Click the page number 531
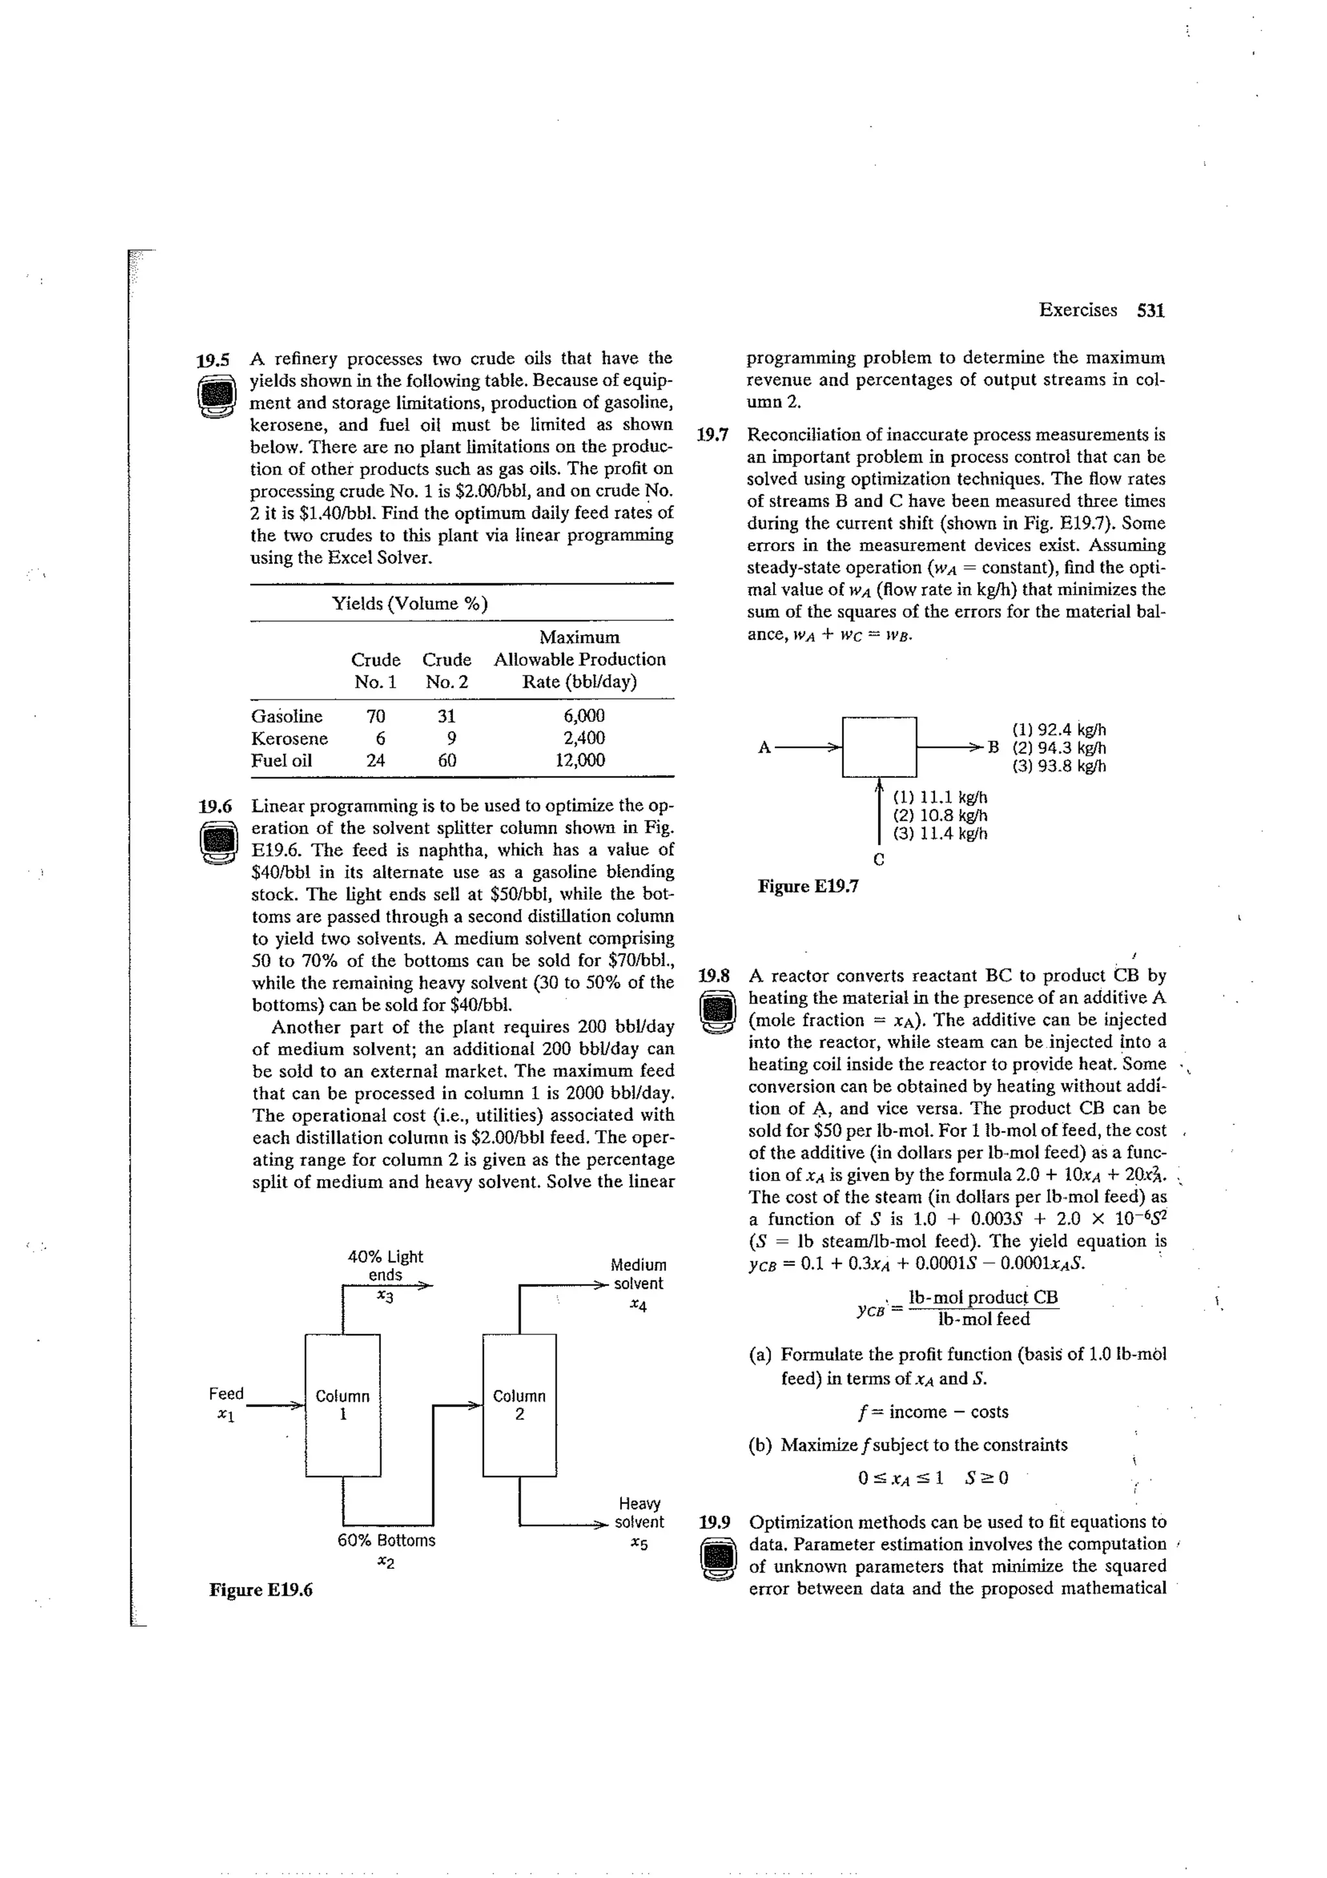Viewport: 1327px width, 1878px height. [x=1150, y=310]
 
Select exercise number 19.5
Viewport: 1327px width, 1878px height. [x=214, y=359]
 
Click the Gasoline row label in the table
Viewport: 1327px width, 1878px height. [x=286, y=716]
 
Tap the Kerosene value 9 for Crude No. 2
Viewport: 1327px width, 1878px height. [x=446, y=738]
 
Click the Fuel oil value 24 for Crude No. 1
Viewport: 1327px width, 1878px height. [x=375, y=760]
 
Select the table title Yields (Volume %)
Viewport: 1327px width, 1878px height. [x=409, y=604]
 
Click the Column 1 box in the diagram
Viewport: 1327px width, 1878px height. [x=343, y=1404]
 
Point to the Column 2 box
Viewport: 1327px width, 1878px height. [x=519, y=1404]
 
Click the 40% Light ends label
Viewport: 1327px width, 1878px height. [x=385, y=1265]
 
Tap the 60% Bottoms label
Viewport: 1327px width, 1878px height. [x=386, y=1540]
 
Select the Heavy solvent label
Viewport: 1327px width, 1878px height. [x=640, y=1512]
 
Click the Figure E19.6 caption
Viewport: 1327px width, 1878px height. [x=261, y=1590]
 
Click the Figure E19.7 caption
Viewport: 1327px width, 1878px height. [x=808, y=886]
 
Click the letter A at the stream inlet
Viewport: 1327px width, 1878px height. [x=764, y=747]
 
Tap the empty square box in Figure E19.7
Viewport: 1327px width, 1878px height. [x=879, y=746]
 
